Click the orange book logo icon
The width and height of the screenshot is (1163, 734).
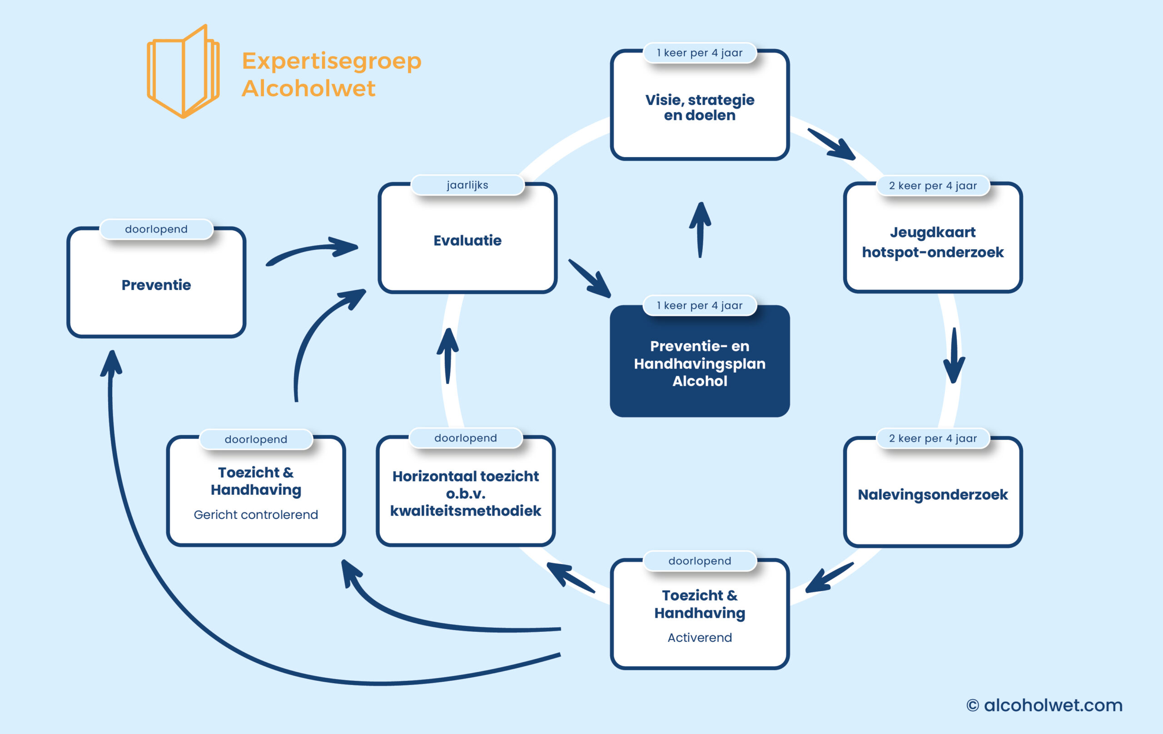point(183,71)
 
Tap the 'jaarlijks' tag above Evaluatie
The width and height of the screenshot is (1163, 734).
point(467,185)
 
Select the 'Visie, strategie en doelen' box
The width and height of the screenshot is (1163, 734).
point(699,105)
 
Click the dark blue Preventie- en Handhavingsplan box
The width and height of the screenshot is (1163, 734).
point(699,361)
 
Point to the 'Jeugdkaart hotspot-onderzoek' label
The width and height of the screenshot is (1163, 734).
point(933,242)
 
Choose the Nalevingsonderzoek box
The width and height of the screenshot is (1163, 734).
point(933,492)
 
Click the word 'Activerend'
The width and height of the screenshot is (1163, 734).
point(699,637)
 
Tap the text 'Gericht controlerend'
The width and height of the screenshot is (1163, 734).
point(255,515)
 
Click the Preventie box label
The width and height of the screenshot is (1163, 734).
point(156,285)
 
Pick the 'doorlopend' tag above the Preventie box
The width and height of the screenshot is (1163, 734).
point(156,229)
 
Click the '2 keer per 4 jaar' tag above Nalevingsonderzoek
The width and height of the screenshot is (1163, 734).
point(933,438)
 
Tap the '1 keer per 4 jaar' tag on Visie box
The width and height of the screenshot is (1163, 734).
point(699,53)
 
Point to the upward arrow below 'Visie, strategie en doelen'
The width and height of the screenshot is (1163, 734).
point(700,230)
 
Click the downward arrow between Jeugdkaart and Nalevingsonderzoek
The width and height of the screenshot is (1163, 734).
point(954,356)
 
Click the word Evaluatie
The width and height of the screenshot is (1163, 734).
point(467,240)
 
